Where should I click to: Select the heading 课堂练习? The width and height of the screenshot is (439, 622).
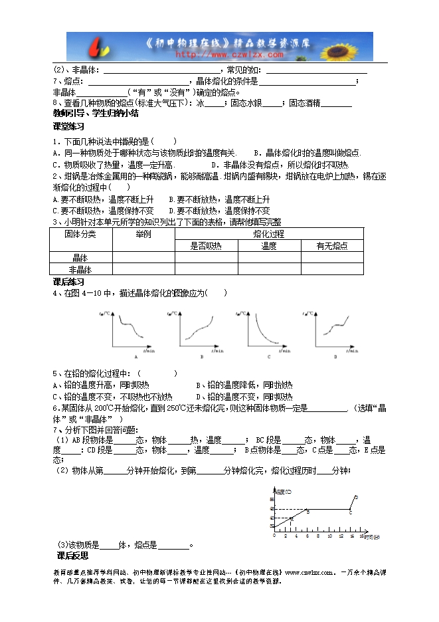(x=68, y=126)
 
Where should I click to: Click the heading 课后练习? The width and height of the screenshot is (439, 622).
(x=68, y=282)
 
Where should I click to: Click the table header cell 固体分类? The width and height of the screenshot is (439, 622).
(x=80, y=234)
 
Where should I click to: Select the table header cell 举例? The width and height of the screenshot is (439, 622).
(x=143, y=234)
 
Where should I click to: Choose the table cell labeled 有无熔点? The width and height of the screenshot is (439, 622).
(x=331, y=246)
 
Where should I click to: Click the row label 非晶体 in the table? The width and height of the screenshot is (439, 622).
(x=80, y=269)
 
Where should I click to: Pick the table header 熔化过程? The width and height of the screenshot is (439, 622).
(x=269, y=234)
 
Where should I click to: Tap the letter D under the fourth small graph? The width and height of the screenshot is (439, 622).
(x=335, y=358)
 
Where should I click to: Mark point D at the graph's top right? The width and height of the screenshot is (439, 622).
(x=357, y=496)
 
